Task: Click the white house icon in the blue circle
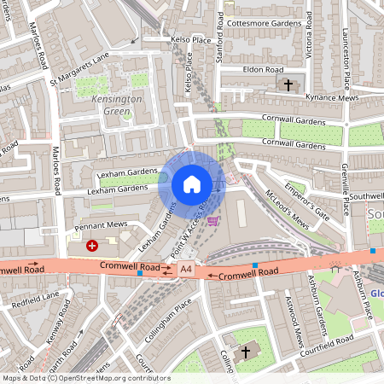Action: point(192,184)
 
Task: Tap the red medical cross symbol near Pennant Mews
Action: point(92,244)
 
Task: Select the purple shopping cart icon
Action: point(212,221)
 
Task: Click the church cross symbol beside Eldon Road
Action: point(288,84)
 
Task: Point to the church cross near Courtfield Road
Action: point(247,351)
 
